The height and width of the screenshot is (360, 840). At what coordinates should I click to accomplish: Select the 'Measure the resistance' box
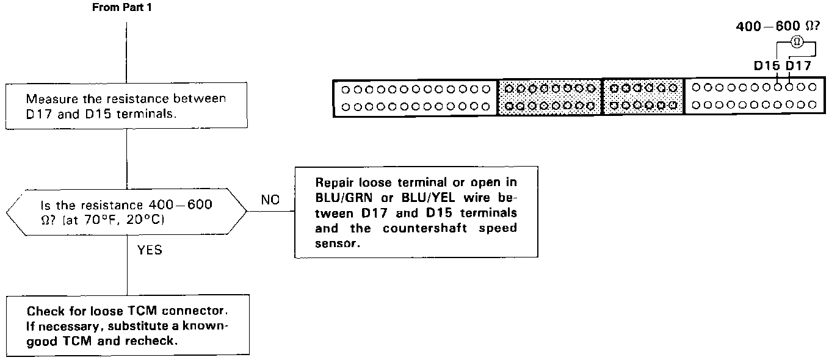[126, 106]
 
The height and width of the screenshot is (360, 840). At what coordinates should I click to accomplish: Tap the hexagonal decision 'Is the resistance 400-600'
[126, 212]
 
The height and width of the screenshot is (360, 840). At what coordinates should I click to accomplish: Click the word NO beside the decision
[270, 200]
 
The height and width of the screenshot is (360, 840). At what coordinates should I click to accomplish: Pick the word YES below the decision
[150, 250]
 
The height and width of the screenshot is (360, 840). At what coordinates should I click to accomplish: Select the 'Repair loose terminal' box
[416, 212]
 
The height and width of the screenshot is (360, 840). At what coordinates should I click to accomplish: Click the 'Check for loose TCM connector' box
[128, 326]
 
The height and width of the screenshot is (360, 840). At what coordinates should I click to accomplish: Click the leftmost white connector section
[415, 97]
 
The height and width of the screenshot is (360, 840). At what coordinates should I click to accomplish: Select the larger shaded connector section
[550, 97]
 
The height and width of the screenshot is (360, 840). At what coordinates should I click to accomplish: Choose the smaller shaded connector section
[643, 97]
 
